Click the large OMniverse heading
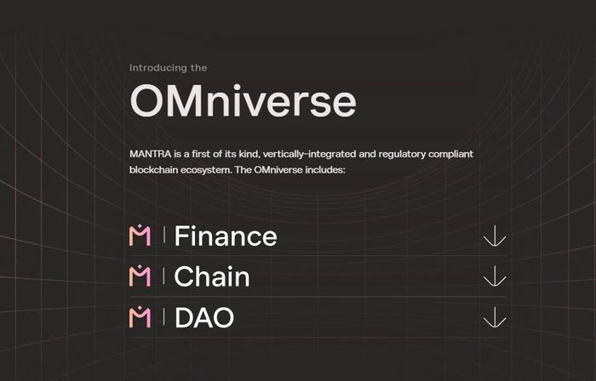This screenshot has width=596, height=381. (x=243, y=100)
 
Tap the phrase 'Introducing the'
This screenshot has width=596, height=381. (x=168, y=68)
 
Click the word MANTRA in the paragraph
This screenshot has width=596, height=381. (x=151, y=154)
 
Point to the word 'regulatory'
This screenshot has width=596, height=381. (x=402, y=155)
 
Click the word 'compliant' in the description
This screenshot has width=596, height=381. (x=450, y=155)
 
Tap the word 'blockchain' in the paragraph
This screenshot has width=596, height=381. (x=153, y=169)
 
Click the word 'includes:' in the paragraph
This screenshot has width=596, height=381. (x=325, y=169)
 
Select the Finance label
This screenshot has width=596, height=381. (x=226, y=236)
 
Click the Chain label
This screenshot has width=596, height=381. (x=212, y=276)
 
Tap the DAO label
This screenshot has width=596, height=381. (x=204, y=317)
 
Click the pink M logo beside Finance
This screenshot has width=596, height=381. (x=140, y=236)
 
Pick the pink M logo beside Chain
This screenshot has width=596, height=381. (x=140, y=276)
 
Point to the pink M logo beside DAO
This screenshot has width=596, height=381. (x=140, y=316)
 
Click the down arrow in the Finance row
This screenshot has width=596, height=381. (x=495, y=236)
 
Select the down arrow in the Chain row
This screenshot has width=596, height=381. (x=495, y=276)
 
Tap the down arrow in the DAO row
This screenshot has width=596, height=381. (x=495, y=317)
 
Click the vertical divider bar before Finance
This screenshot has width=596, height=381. (x=163, y=235)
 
